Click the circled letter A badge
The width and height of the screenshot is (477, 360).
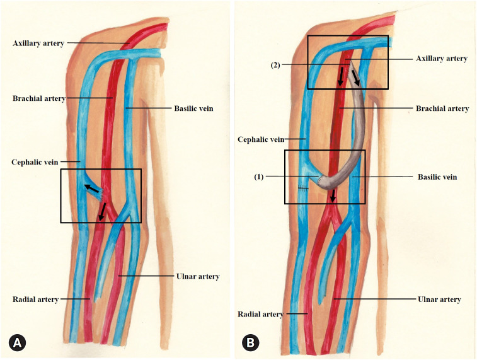pyautogui.click(x=17, y=343)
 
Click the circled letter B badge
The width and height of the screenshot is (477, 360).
pyautogui.click(x=250, y=343)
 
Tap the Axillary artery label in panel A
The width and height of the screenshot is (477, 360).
pyautogui.click(x=37, y=43)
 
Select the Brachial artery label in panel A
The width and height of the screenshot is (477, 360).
pyautogui.click(x=38, y=98)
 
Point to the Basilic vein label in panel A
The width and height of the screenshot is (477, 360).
pyautogui.click(x=193, y=108)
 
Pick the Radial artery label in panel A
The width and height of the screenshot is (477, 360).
pyautogui.click(x=35, y=299)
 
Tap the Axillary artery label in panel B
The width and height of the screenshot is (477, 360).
pyautogui.click(x=442, y=59)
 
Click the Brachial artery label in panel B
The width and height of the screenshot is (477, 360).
pyautogui.click(x=442, y=108)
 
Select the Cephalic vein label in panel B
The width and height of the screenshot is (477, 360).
pyautogui.click(x=261, y=139)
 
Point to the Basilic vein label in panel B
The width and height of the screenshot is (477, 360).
pyautogui.click(x=437, y=177)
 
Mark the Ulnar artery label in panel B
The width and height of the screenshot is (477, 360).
pyautogui.click(x=440, y=299)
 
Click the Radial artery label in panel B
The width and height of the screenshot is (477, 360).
pyautogui.click(x=260, y=313)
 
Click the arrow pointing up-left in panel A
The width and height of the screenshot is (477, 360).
pyautogui.click(x=92, y=188)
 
